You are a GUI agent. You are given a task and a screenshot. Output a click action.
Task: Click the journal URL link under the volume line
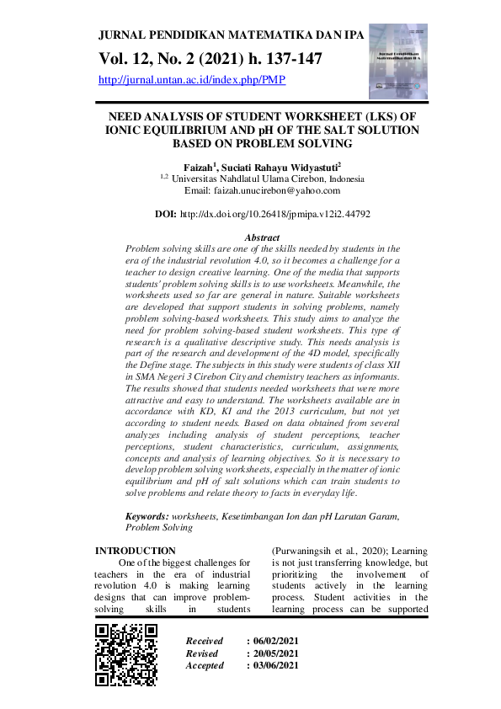tap(193, 80)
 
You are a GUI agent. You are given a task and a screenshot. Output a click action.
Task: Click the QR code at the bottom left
tap(125, 655)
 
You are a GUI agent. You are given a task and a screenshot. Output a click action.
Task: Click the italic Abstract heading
tap(261, 238)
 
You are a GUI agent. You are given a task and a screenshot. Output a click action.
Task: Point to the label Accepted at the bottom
tap(205, 665)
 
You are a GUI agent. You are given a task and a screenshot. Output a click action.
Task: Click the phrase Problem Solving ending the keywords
tap(158, 527)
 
